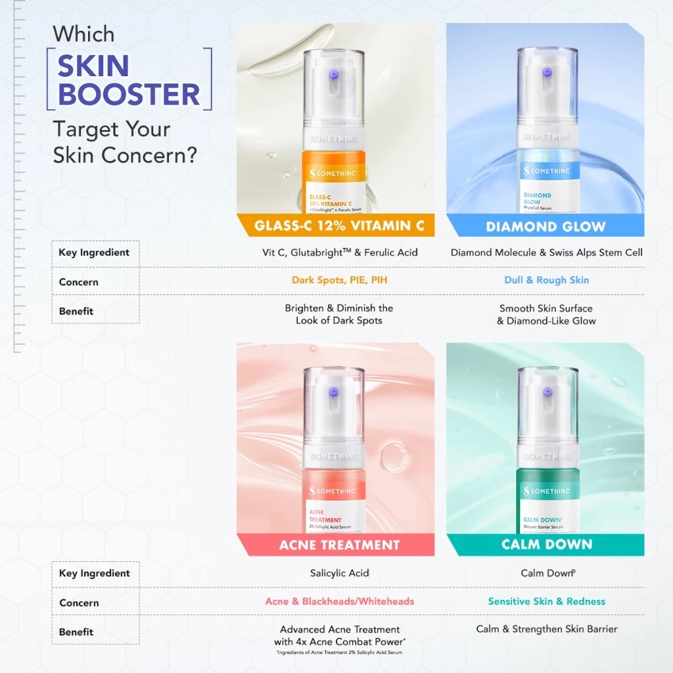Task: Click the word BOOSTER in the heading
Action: (129, 93)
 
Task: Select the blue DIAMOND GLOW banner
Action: (545, 227)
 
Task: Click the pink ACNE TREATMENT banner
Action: (339, 545)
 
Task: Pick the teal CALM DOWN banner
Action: (547, 544)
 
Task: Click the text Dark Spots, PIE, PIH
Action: (339, 280)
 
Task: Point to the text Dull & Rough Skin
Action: (547, 280)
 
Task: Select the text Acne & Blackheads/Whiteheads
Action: (339, 601)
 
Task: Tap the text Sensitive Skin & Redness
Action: (547, 601)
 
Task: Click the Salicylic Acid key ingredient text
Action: (339, 573)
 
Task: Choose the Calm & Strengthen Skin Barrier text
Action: (547, 629)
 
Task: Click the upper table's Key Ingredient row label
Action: (94, 252)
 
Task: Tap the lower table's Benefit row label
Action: (76, 632)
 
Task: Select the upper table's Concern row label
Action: (78, 282)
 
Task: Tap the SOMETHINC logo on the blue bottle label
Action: (547, 171)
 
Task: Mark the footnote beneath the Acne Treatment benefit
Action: (339, 653)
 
